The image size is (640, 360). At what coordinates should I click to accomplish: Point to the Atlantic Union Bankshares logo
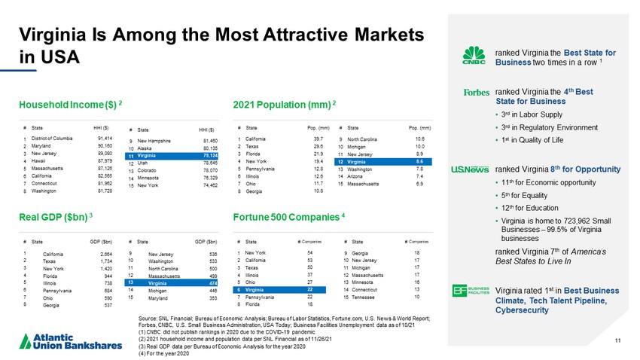click(x=63, y=336)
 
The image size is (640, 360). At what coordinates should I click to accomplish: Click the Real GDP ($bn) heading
click(x=55, y=217)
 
